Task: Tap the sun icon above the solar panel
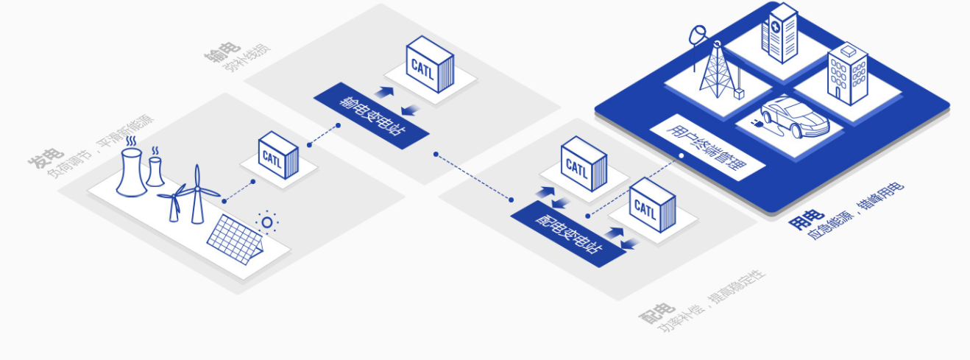tap(267, 222)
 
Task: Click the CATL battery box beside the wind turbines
tap(278, 156)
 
